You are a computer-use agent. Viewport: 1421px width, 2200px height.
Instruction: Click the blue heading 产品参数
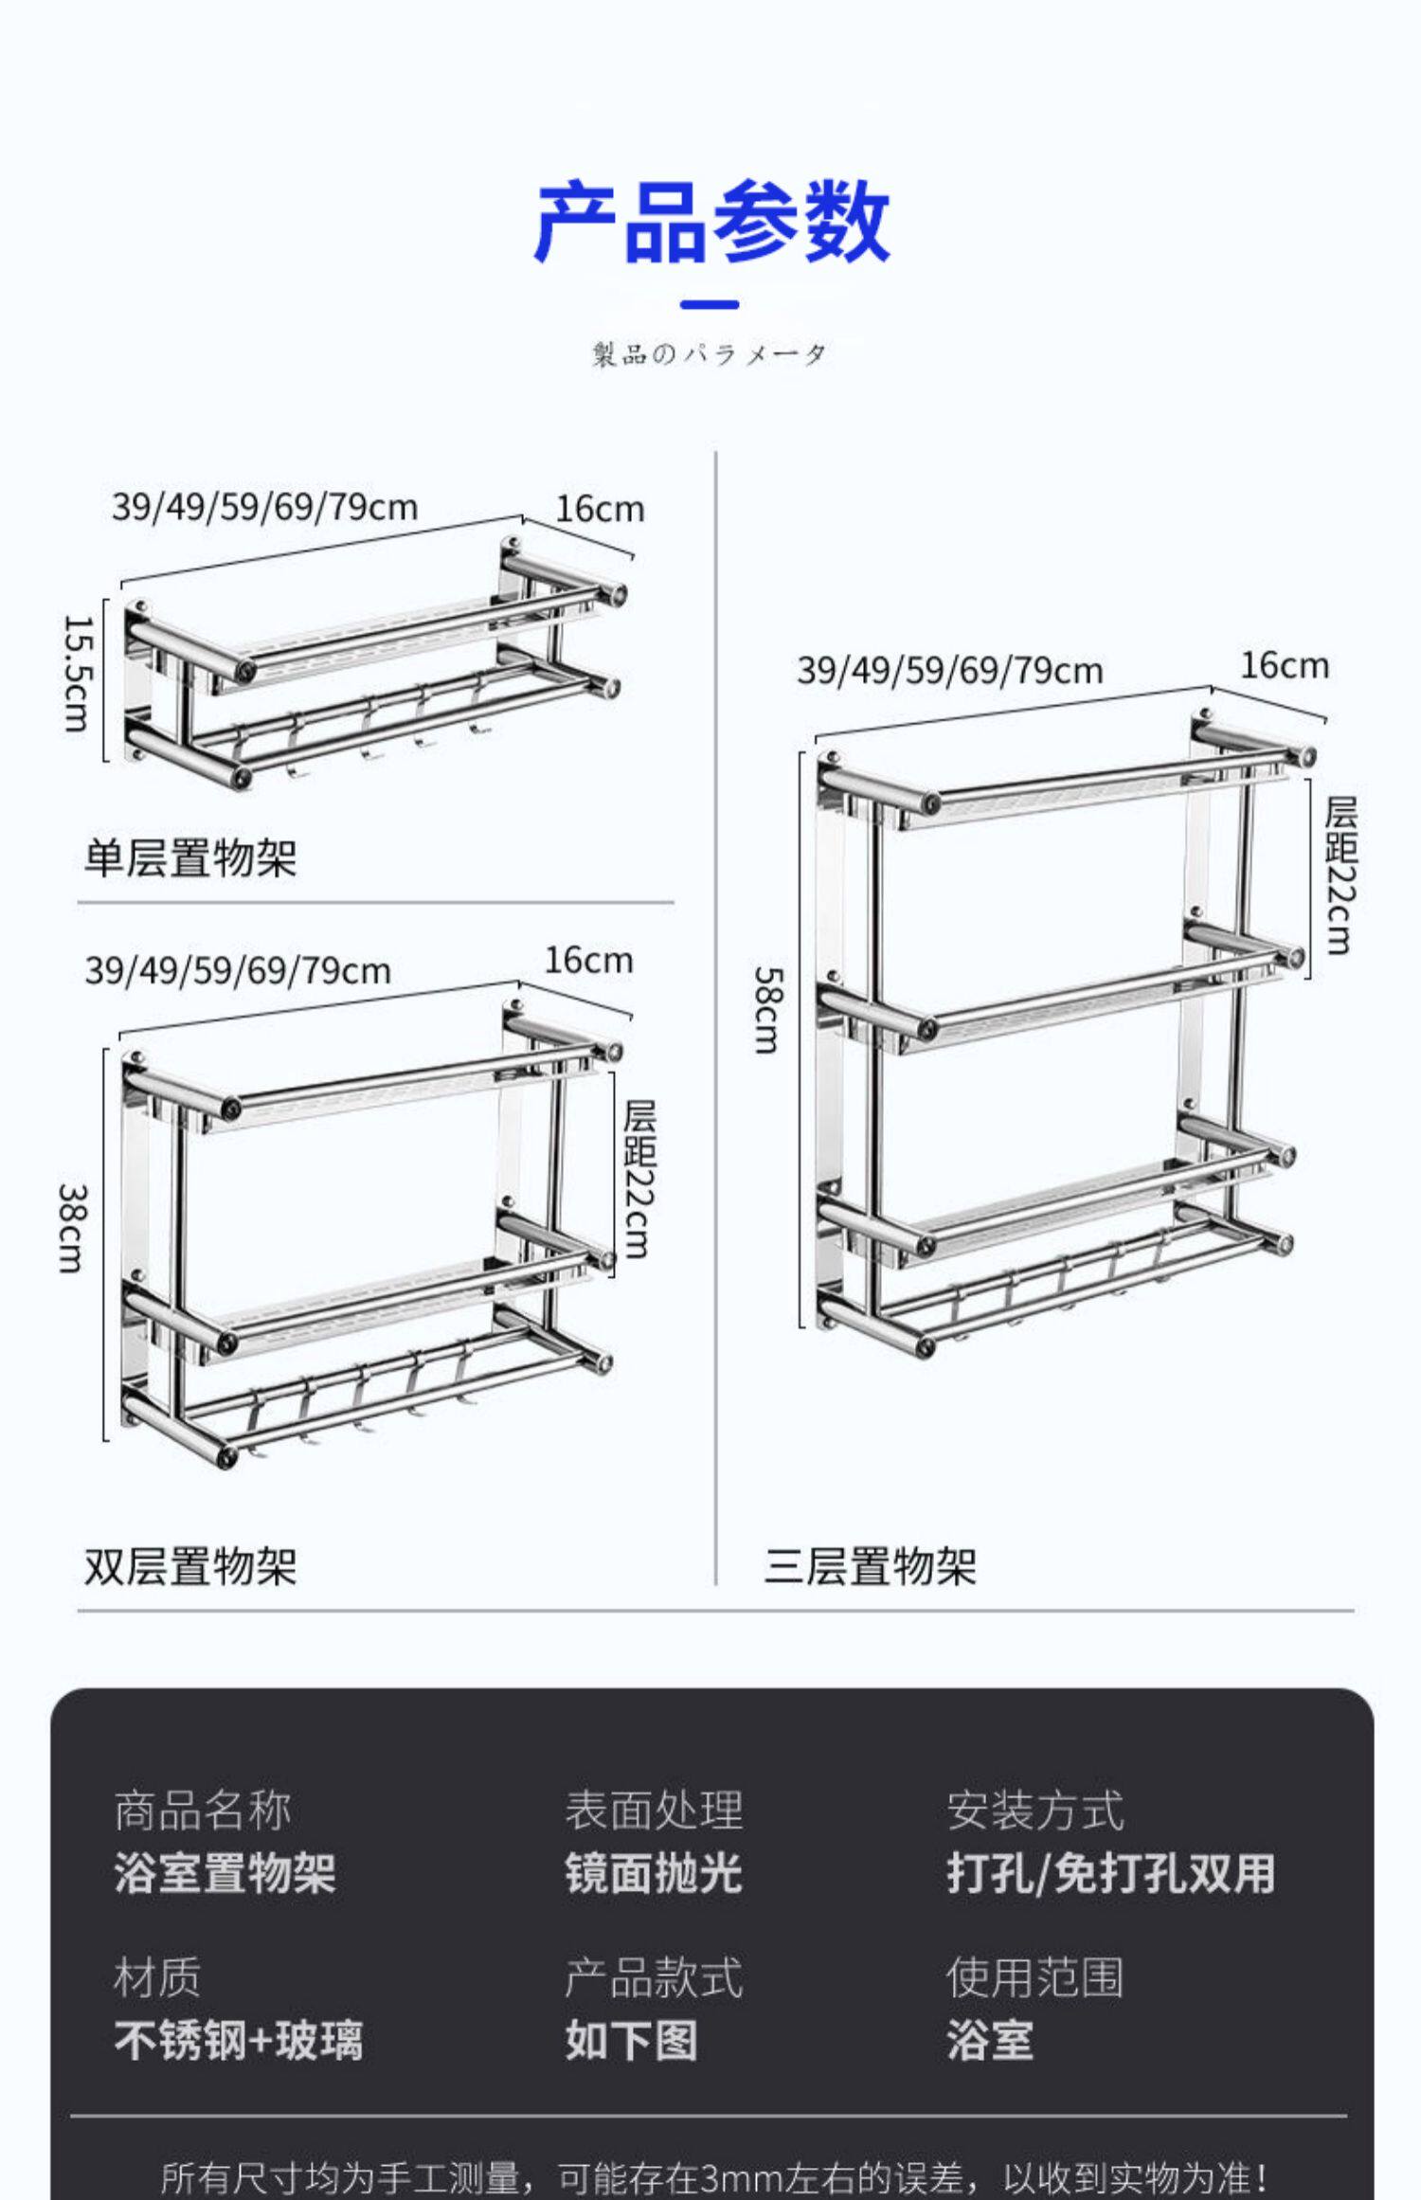[x=711, y=223]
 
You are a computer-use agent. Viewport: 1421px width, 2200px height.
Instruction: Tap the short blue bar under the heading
[x=710, y=305]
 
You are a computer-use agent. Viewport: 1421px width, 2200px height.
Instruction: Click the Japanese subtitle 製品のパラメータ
[x=710, y=354]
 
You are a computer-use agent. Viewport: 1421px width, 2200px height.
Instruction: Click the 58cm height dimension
[x=767, y=1010]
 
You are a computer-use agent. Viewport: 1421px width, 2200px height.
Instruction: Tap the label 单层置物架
[x=190, y=858]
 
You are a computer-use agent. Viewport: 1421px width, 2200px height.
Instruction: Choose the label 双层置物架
[x=190, y=1566]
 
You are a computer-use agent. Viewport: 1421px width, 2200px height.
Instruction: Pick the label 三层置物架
[x=870, y=1566]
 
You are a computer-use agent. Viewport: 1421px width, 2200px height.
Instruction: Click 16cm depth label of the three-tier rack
[x=1285, y=666]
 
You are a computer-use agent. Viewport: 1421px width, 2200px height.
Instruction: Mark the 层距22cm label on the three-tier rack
[x=1340, y=875]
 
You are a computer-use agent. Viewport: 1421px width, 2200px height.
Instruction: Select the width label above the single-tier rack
[x=265, y=507]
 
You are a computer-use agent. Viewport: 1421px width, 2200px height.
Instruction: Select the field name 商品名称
[x=203, y=1811]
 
